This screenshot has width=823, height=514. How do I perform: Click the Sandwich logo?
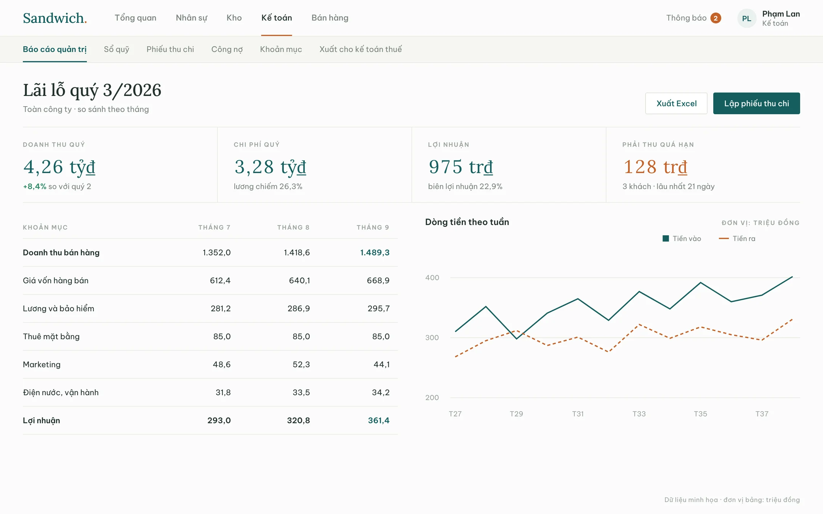tap(55, 18)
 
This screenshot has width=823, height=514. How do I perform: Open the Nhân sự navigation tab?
tap(191, 18)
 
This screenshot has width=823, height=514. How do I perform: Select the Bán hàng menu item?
tap(330, 18)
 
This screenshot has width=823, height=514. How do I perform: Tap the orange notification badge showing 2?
tap(716, 18)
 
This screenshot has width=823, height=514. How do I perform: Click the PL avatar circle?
tap(747, 18)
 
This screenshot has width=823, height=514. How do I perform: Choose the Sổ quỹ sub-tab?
tap(117, 49)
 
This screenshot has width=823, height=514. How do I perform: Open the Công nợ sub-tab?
tap(227, 49)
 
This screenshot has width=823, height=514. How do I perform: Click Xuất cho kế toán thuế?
tap(360, 49)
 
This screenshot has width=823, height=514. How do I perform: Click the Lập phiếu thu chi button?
tap(756, 103)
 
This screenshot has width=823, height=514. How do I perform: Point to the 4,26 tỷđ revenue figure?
tap(59, 167)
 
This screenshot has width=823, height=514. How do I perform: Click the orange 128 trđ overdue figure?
tap(655, 167)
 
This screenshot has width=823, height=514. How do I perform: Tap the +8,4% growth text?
tap(35, 187)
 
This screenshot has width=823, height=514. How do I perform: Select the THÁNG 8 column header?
tap(293, 227)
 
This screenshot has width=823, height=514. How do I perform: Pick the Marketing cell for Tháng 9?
tap(381, 364)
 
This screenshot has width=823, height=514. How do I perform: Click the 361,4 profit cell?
tap(379, 420)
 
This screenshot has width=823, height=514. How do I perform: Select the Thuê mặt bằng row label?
tap(51, 337)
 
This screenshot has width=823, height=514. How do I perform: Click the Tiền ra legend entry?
tap(737, 238)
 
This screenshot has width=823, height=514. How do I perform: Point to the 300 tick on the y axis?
tap(432, 338)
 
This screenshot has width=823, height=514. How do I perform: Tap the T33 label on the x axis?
tap(639, 414)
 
